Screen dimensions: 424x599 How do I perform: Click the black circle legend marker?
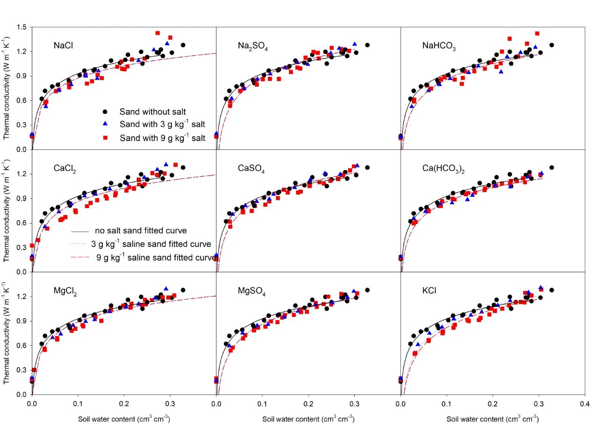click(x=106, y=112)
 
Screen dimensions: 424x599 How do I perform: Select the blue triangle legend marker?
click(x=106, y=125)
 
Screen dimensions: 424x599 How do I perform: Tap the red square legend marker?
click(x=106, y=138)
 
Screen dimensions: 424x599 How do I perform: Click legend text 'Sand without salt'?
click(x=146, y=112)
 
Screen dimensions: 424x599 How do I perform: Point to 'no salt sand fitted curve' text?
click(x=134, y=231)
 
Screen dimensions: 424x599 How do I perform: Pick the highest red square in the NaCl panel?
click(x=158, y=33)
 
